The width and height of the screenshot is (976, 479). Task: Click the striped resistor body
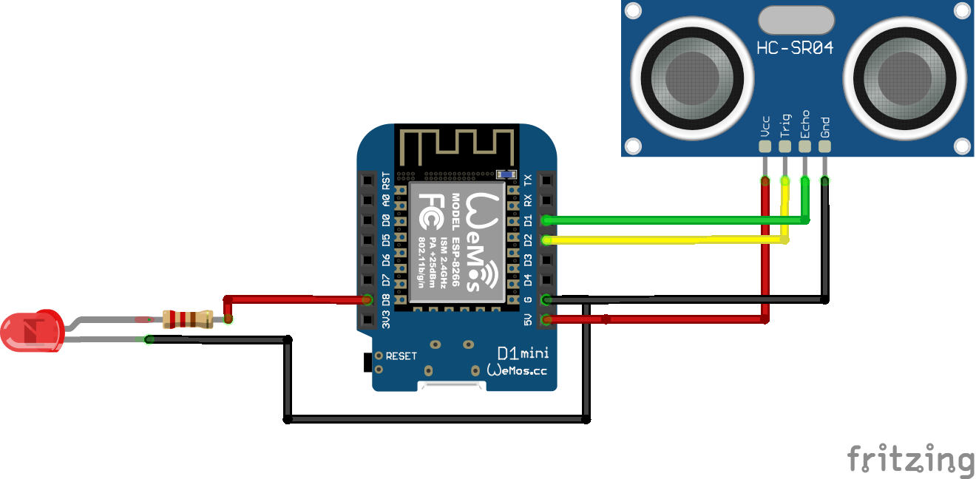(x=187, y=319)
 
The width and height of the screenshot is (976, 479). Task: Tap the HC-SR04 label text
(x=795, y=49)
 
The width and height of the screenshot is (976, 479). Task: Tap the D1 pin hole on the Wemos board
(x=546, y=220)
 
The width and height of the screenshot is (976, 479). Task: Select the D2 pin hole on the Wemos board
(x=546, y=239)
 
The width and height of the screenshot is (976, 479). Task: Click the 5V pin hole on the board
(x=546, y=319)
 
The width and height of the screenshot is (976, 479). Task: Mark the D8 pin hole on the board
(x=367, y=300)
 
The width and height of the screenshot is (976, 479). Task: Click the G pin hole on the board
(x=546, y=299)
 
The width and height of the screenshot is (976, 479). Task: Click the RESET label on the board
(x=401, y=356)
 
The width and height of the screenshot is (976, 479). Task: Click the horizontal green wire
(x=665, y=220)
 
